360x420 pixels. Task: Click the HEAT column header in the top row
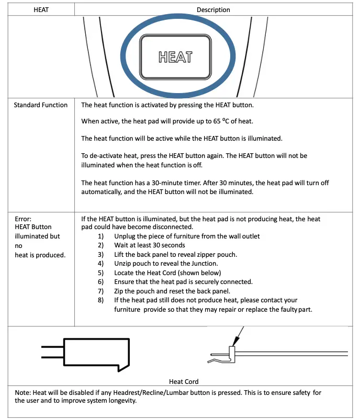(x=41, y=9)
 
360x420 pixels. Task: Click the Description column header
(x=213, y=9)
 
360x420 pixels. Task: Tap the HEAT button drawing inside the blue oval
(x=175, y=56)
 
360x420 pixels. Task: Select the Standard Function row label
(x=40, y=105)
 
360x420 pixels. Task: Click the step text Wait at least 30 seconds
(x=150, y=245)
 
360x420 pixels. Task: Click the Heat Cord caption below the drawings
(x=184, y=381)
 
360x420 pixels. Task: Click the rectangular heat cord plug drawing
(x=94, y=353)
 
